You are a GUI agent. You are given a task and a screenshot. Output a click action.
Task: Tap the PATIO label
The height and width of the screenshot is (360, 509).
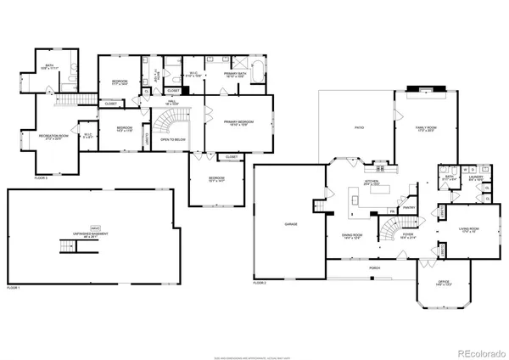click(359, 128)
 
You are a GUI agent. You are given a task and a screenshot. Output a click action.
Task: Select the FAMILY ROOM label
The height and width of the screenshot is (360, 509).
click(419, 128)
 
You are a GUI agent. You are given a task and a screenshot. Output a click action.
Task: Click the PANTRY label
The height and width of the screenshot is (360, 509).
click(409, 205)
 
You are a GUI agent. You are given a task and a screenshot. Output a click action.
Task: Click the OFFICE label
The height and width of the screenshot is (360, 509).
click(443, 283)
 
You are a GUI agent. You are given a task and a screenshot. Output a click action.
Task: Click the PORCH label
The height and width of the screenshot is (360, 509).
click(374, 267)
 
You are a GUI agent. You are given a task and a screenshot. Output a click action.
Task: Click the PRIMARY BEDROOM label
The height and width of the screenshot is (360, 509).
click(242, 123)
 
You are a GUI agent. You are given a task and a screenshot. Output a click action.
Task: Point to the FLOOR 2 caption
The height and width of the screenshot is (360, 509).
click(260, 283)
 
